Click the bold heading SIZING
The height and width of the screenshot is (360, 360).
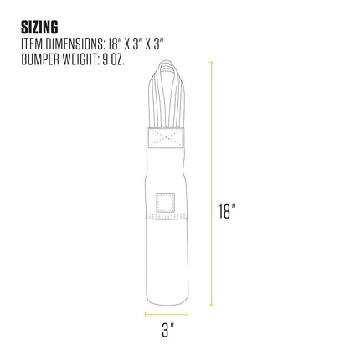pos(39,27)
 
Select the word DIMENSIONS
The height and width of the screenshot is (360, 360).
pos(74,44)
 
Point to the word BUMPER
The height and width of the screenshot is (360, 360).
pos(39,59)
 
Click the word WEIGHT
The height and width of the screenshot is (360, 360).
pos(79,59)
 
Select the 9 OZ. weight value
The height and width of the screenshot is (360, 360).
pos(113,59)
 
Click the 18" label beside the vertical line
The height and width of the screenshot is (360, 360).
pos(227,211)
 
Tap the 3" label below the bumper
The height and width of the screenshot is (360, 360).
pos(167,330)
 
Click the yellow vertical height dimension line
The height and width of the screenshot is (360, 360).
pos(212,183)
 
